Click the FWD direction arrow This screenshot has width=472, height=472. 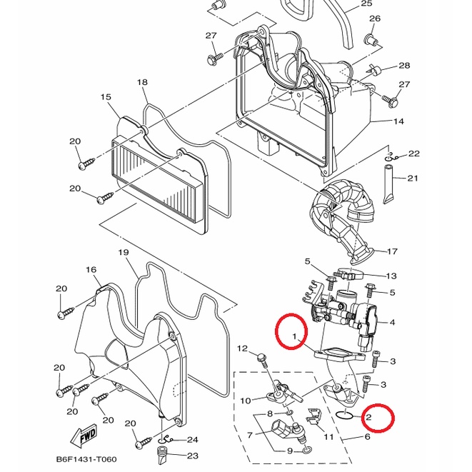pyautogui.click(x=84, y=436)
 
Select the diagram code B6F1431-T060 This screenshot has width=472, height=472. pyautogui.click(x=86, y=459)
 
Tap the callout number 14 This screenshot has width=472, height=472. pyautogui.click(x=398, y=121)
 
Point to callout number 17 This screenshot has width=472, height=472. pyautogui.click(x=392, y=251)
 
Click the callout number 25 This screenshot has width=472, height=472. pyautogui.click(x=366, y=4)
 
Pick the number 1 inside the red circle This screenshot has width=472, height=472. pyautogui.click(x=295, y=336)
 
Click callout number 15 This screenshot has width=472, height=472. pyautogui.click(x=106, y=97)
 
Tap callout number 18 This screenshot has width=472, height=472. pyautogui.click(x=143, y=82)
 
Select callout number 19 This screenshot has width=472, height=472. pyautogui.click(x=124, y=252)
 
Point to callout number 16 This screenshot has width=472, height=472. pyautogui.click(x=91, y=270)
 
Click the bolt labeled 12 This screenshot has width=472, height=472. pyautogui.click(x=263, y=360)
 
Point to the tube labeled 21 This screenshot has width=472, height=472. pyautogui.click(x=387, y=184)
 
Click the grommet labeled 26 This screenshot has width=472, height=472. pyautogui.click(x=370, y=39)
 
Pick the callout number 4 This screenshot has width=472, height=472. pyautogui.click(x=392, y=322)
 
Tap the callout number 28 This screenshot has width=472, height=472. pyautogui.click(x=404, y=65)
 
